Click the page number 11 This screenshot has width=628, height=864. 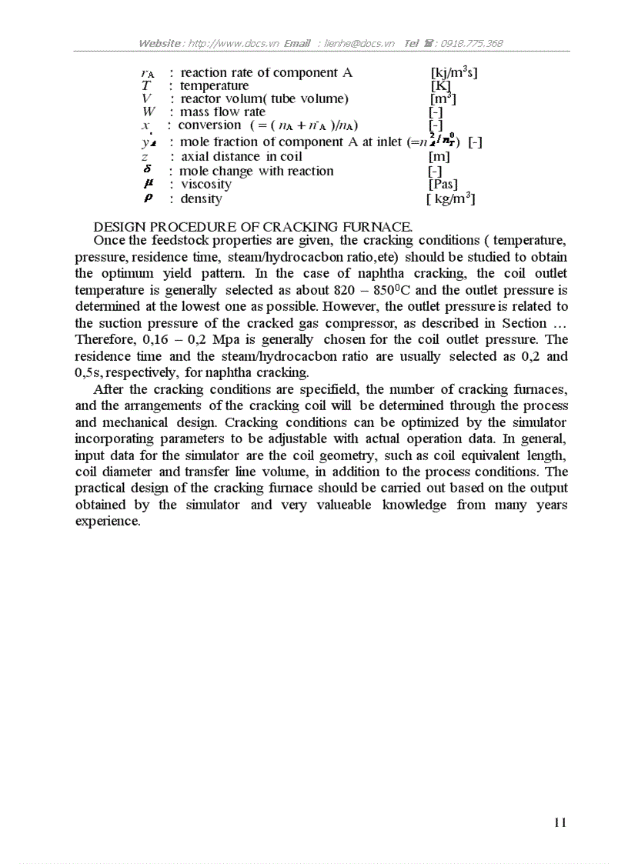click(560, 822)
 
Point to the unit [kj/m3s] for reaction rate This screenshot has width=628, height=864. click(454, 73)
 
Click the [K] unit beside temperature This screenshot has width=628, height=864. click(440, 86)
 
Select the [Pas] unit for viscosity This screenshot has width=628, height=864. click(443, 185)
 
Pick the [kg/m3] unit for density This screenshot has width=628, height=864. click(450, 199)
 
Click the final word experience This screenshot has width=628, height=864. click(108, 522)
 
